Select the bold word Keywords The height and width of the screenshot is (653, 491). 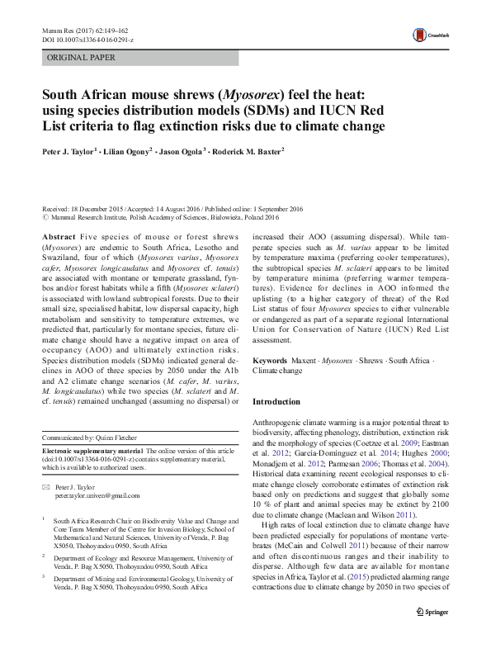pos(270,362)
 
